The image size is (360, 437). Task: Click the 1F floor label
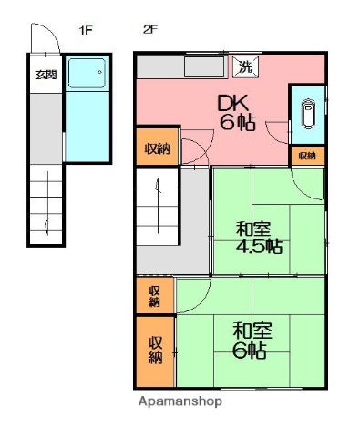tap(87, 30)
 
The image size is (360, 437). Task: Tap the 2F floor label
tap(150, 30)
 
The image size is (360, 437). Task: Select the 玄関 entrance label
tap(45, 76)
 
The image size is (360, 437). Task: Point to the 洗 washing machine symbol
tap(245, 66)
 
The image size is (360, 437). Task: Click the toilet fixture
tap(307, 114)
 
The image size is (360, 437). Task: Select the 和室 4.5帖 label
tap(259, 238)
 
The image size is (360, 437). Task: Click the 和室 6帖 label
tap(248, 338)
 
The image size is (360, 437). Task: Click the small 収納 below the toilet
tap(307, 156)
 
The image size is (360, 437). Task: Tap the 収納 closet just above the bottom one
tap(155, 295)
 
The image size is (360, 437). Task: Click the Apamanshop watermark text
tap(180, 401)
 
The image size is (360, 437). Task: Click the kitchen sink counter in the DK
tap(207, 66)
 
